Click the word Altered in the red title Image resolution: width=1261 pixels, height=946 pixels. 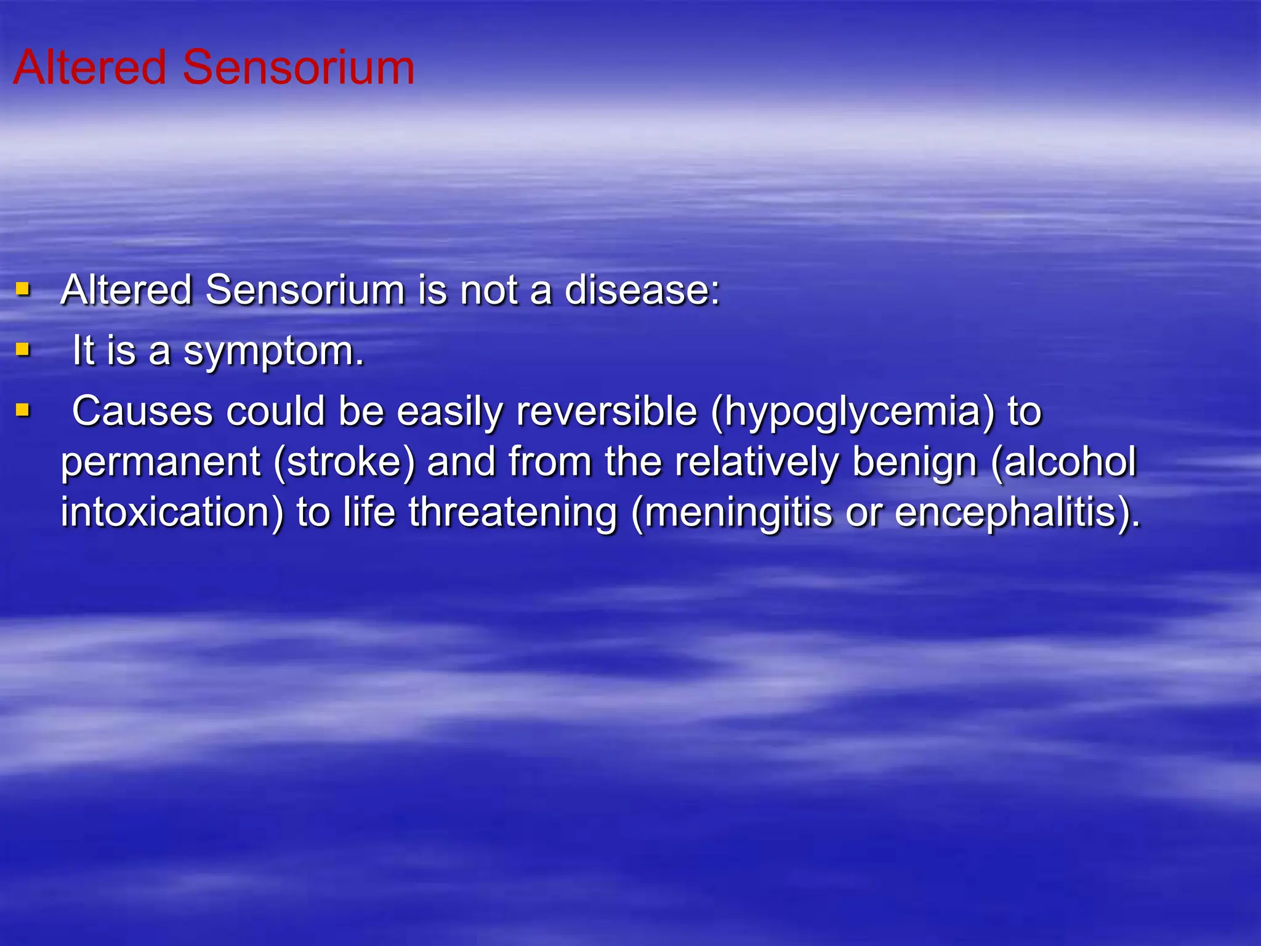(90, 67)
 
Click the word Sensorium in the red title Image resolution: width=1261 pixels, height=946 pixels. (299, 67)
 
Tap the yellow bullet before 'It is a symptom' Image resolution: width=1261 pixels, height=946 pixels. (23, 350)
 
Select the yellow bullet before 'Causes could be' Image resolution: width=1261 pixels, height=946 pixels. (23, 410)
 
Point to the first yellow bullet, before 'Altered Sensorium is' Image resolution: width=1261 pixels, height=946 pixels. (23, 289)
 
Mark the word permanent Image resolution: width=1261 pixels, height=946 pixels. (161, 463)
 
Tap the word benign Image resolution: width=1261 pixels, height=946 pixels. (915, 463)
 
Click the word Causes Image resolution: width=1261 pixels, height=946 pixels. (142, 411)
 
